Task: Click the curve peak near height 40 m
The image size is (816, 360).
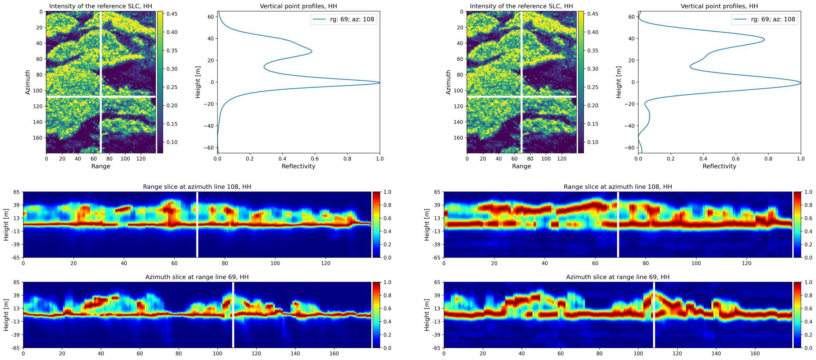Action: pos(764,39)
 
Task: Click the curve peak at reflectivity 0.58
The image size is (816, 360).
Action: pos(312,51)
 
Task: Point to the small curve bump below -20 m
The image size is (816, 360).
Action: pos(649,116)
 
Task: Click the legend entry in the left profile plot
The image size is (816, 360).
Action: pos(343,19)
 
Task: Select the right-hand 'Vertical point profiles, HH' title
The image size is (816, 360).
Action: pos(719,6)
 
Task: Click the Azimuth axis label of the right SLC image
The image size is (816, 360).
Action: pos(448,82)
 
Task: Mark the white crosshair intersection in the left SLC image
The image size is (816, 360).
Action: pos(101,96)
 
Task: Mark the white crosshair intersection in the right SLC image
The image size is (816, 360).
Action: pos(521,96)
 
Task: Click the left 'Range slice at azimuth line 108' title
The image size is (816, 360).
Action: pos(197,187)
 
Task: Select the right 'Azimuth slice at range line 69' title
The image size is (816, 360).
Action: pos(617,277)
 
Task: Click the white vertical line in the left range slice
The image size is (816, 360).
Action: pos(197,225)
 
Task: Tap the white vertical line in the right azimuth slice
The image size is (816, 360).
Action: pos(654,315)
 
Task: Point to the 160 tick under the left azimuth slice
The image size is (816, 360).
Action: pos(334,353)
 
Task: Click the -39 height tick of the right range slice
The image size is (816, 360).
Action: pos(436,244)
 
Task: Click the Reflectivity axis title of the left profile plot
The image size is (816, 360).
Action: pos(298,166)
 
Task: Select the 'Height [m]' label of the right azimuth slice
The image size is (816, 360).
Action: pos(427,315)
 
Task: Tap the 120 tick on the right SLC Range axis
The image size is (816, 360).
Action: pos(561,159)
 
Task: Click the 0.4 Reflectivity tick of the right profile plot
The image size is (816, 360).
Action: pos(703,159)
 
